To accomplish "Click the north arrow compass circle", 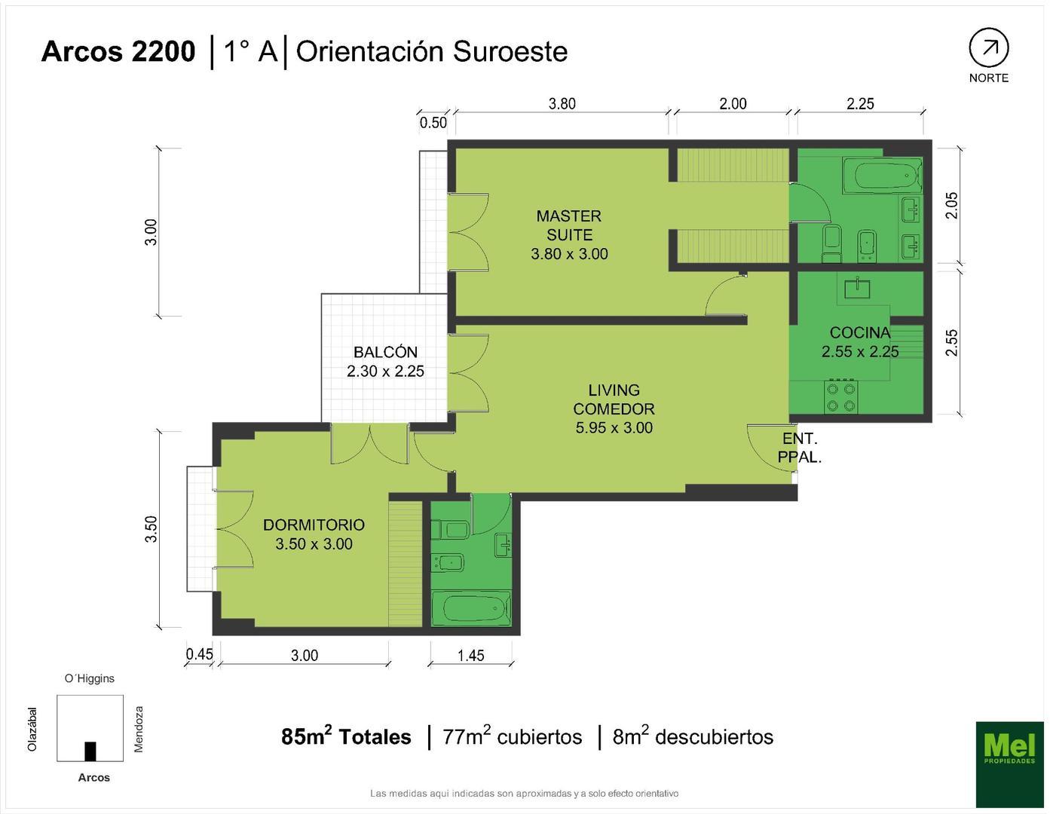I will click(x=988, y=48).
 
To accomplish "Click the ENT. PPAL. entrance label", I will click(x=799, y=447).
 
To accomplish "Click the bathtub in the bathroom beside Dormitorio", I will click(x=470, y=607).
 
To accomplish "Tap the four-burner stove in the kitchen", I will click(x=841, y=397).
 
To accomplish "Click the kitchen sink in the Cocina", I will click(x=859, y=287).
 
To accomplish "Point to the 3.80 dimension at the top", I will click(x=562, y=103).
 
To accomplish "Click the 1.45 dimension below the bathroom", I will click(x=470, y=655).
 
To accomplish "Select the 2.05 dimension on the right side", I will click(x=951, y=205).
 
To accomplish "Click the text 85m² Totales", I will click(x=346, y=736).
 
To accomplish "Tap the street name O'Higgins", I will click(x=90, y=678).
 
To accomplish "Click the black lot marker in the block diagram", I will click(x=90, y=751).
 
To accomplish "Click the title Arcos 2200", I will click(x=118, y=51).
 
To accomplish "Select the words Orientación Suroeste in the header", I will click(x=431, y=51).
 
